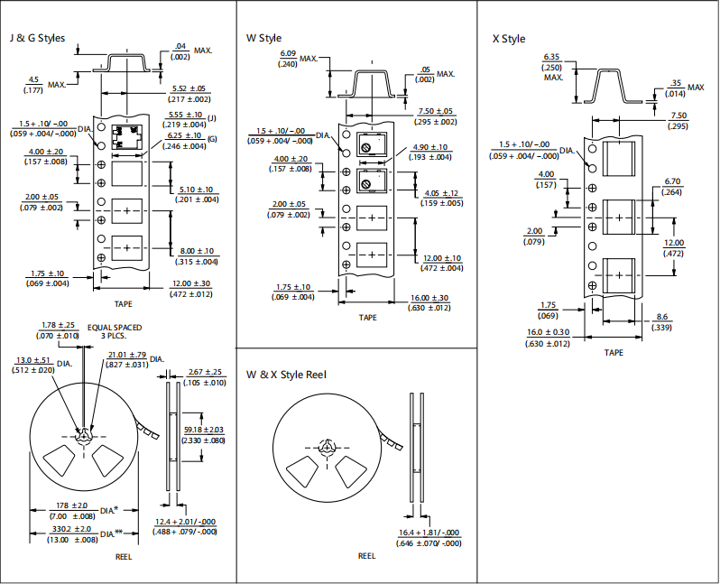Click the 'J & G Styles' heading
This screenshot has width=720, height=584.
37,38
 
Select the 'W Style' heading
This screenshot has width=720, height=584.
263,38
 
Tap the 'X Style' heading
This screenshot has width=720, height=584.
509,39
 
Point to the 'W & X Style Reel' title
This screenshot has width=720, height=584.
286,375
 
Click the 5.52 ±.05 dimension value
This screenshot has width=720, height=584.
189,88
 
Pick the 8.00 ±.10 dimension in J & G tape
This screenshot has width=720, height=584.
197,251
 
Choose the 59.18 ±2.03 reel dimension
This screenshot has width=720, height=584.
204,430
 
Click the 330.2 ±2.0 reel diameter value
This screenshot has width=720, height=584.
71,529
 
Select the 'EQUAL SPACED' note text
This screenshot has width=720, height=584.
115,328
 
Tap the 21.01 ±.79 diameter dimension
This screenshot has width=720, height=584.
127,355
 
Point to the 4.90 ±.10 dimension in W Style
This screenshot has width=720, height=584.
430,147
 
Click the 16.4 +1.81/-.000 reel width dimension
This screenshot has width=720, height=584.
429,533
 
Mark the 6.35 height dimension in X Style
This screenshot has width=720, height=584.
551,57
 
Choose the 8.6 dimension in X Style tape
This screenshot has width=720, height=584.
661,317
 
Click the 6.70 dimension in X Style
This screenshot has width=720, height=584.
672,181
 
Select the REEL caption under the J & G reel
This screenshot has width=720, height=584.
124,557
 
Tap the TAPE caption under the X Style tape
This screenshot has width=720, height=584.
614,352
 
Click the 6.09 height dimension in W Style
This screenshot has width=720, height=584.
288,54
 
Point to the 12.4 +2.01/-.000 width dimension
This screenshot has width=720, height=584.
185,522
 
